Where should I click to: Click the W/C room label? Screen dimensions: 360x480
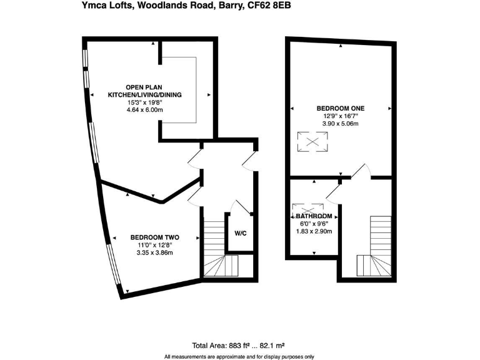pos(241,234)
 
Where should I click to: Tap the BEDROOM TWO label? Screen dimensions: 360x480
pos(155,237)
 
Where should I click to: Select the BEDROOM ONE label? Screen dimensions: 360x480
pos(340,108)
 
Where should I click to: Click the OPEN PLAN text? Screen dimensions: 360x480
pos(144,87)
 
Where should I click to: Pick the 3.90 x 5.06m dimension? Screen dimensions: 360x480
pos(340,124)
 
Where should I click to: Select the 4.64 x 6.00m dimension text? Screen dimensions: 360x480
pos(144,110)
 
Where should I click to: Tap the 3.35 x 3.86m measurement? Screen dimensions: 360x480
pos(155,252)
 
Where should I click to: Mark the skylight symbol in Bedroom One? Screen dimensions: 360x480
pos(312,142)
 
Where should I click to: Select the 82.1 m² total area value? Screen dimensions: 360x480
pos(272,346)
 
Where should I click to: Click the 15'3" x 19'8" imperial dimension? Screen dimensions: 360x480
pos(144,102)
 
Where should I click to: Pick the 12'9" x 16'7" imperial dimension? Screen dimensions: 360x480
pos(340,116)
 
